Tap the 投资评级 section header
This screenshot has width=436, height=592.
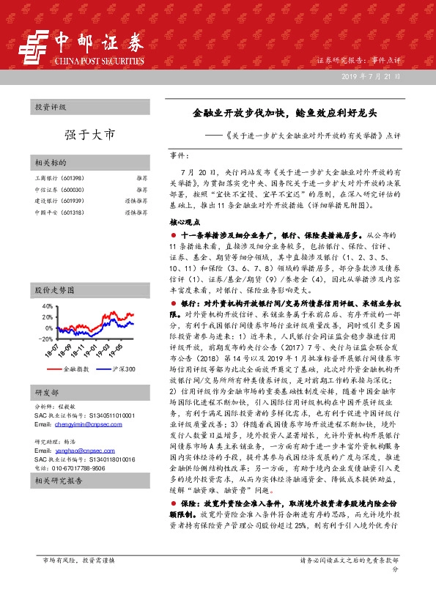coord(51,107)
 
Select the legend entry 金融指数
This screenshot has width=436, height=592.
coord(75,369)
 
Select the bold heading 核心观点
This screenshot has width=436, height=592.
coord(184,221)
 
